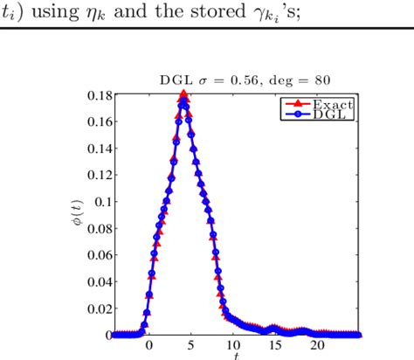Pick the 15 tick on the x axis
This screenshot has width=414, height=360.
[x=276, y=345]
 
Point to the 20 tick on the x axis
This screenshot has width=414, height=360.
[x=318, y=345]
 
